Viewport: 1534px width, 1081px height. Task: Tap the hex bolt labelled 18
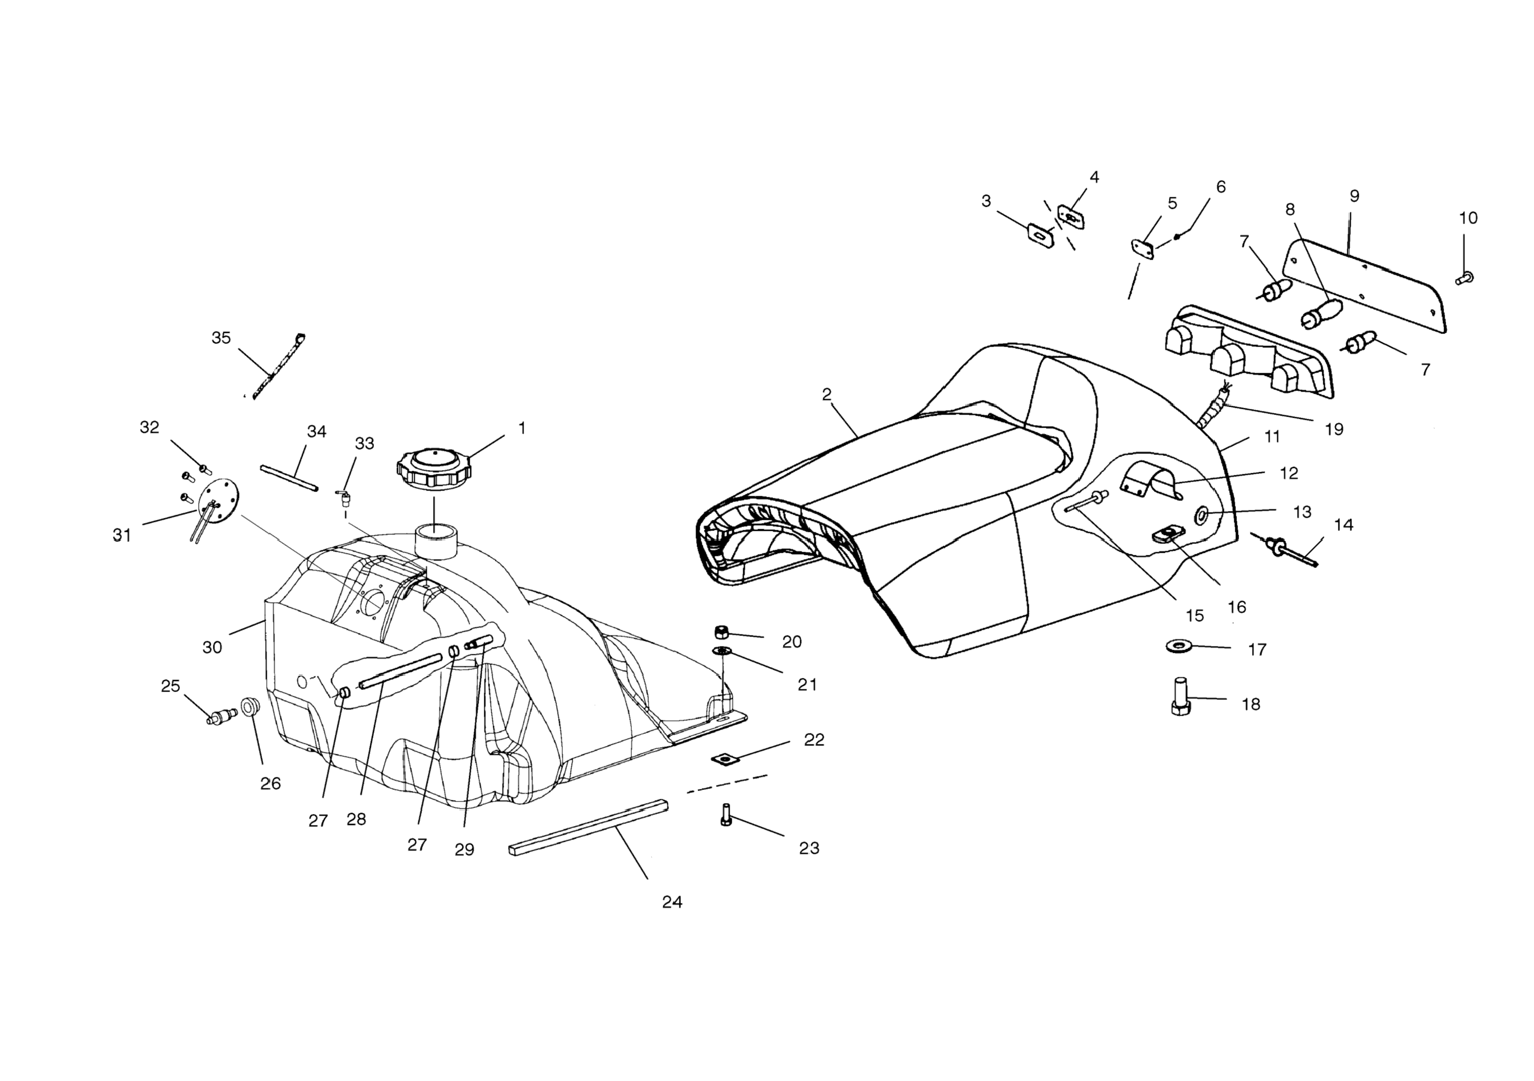(1180, 697)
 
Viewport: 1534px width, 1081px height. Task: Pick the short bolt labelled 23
(726, 815)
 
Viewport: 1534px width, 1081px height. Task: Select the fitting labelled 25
(222, 717)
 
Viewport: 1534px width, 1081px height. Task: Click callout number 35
(221, 338)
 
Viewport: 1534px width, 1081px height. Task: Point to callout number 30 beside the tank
(212, 648)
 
